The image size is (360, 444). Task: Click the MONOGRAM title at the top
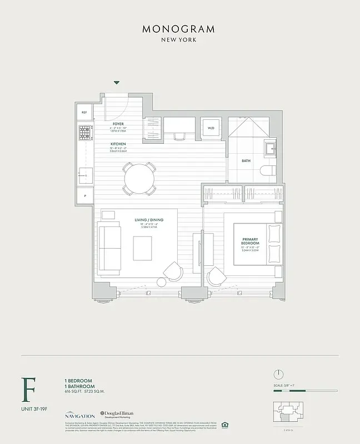pos(179,29)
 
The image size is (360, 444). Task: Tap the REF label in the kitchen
pos(84,112)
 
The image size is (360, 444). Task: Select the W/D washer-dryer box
pos(211,128)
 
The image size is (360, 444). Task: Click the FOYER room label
pos(118,124)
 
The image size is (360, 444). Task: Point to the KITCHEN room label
pos(118,144)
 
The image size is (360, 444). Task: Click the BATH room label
pos(246,161)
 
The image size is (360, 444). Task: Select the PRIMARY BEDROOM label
pos(250,241)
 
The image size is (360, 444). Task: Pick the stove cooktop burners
pos(85,133)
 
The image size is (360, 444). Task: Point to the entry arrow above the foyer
pos(117,83)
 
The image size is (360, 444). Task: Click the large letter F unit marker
pos(26,390)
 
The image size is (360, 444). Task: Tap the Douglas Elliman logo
pos(120,415)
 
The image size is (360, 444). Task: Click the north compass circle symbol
pos(279,374)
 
